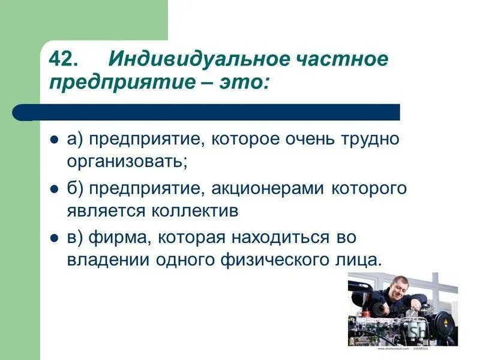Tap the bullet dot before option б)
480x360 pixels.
coord(54,188)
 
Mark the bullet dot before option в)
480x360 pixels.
coord(54,238)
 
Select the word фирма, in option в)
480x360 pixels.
coord(118,238)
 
